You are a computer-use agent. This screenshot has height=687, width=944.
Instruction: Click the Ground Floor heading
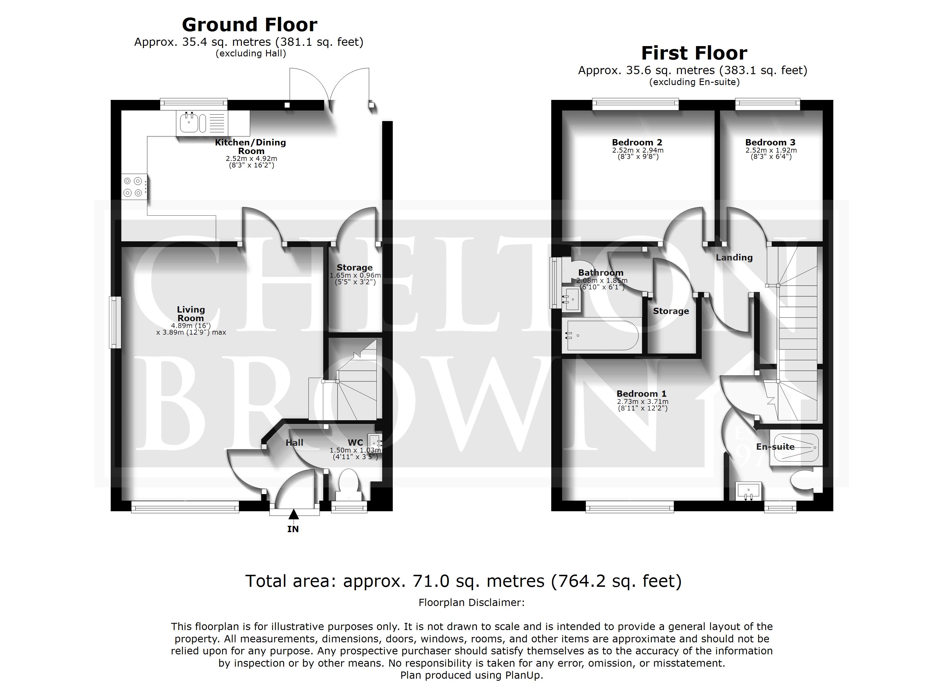[x=249, y=25]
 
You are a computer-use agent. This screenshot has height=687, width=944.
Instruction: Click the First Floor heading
[x=694, y=53]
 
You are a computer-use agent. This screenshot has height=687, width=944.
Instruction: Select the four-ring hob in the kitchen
[x=134, y=187]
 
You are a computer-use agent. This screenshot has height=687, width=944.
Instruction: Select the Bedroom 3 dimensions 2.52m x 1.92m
[x=771, y=150]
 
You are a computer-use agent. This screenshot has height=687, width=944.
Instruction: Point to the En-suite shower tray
[x=796, y=447]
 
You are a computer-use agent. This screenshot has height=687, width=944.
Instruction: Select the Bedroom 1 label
[x=641, y=394]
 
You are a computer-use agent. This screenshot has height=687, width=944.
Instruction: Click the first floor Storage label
[x=671, y=311]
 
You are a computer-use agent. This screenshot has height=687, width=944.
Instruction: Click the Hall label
[x=294, y=443]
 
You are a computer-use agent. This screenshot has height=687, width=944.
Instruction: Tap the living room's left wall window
[x=115, y=322]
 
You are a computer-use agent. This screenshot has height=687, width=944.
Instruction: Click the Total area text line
[x=463, y=581]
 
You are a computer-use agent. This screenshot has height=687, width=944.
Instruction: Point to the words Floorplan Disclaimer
[x=472, y=603]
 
